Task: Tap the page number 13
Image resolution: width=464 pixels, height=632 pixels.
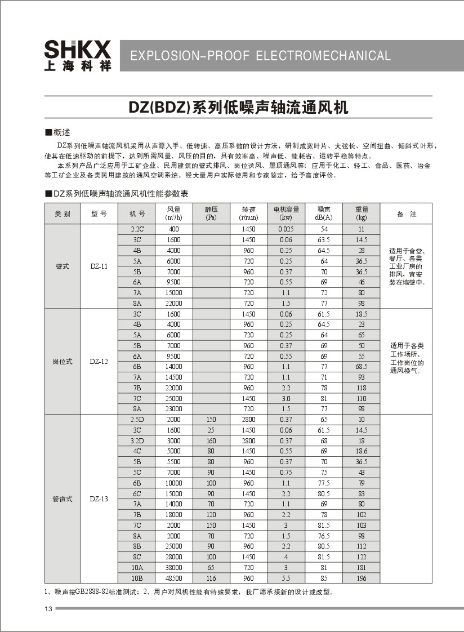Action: click(x=48, y=609)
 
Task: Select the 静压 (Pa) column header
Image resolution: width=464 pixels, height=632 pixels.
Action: click(x=211, y=213)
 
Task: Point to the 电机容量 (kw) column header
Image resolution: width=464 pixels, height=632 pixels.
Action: click(x=286, y=213)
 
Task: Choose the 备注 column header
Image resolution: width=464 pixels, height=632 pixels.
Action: click(x=406, y=214)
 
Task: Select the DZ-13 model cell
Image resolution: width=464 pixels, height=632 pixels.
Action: click(x=99, y=499)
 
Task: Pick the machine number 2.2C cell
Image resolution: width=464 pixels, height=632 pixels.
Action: click(x=137, y=229)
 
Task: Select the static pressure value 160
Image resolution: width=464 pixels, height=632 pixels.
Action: click(x=211, y=440)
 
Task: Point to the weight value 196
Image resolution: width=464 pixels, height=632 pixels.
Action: click(x=361, y=578)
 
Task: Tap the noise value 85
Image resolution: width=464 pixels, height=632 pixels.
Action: click(x=324, y=578)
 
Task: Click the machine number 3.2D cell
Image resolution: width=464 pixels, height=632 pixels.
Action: click(x=137, y=440)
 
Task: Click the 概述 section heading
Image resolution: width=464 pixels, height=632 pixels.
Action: click(x=61, y=132)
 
